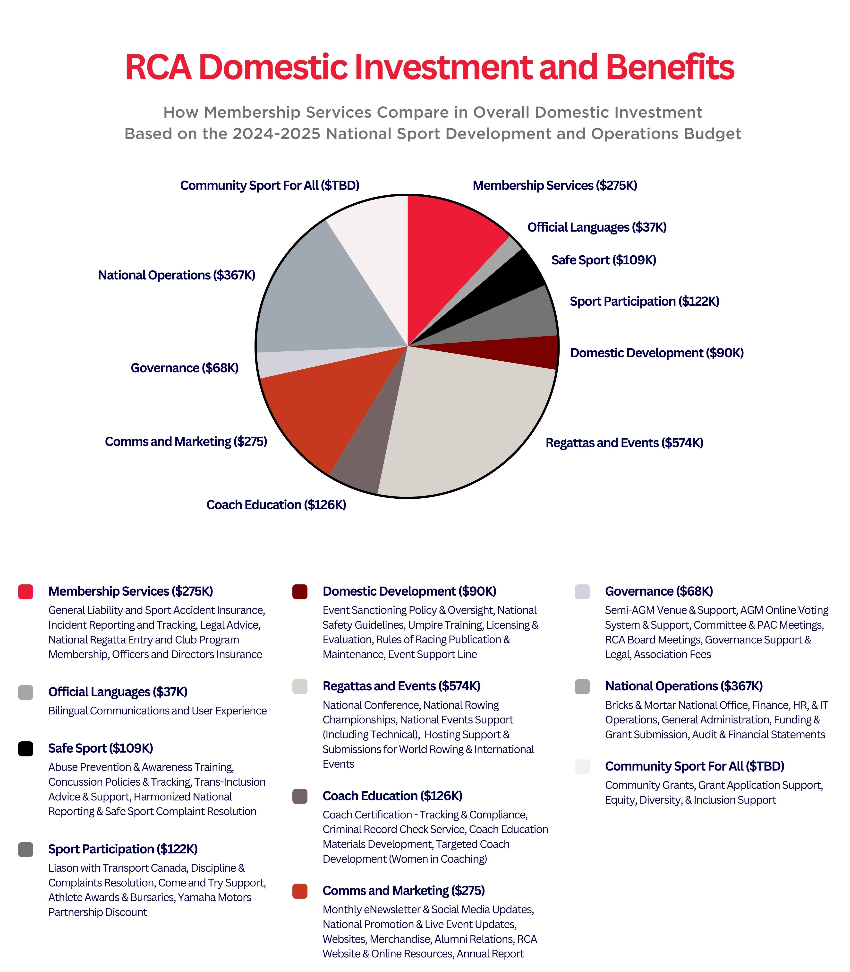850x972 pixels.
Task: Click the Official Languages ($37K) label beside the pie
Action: click(597, 227)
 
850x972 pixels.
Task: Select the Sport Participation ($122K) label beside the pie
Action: click(644, 301)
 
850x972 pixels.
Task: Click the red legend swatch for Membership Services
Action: click(25, 592)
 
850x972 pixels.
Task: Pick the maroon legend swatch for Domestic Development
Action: click(300, 592)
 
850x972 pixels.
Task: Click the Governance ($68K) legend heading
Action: click(659, 591)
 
